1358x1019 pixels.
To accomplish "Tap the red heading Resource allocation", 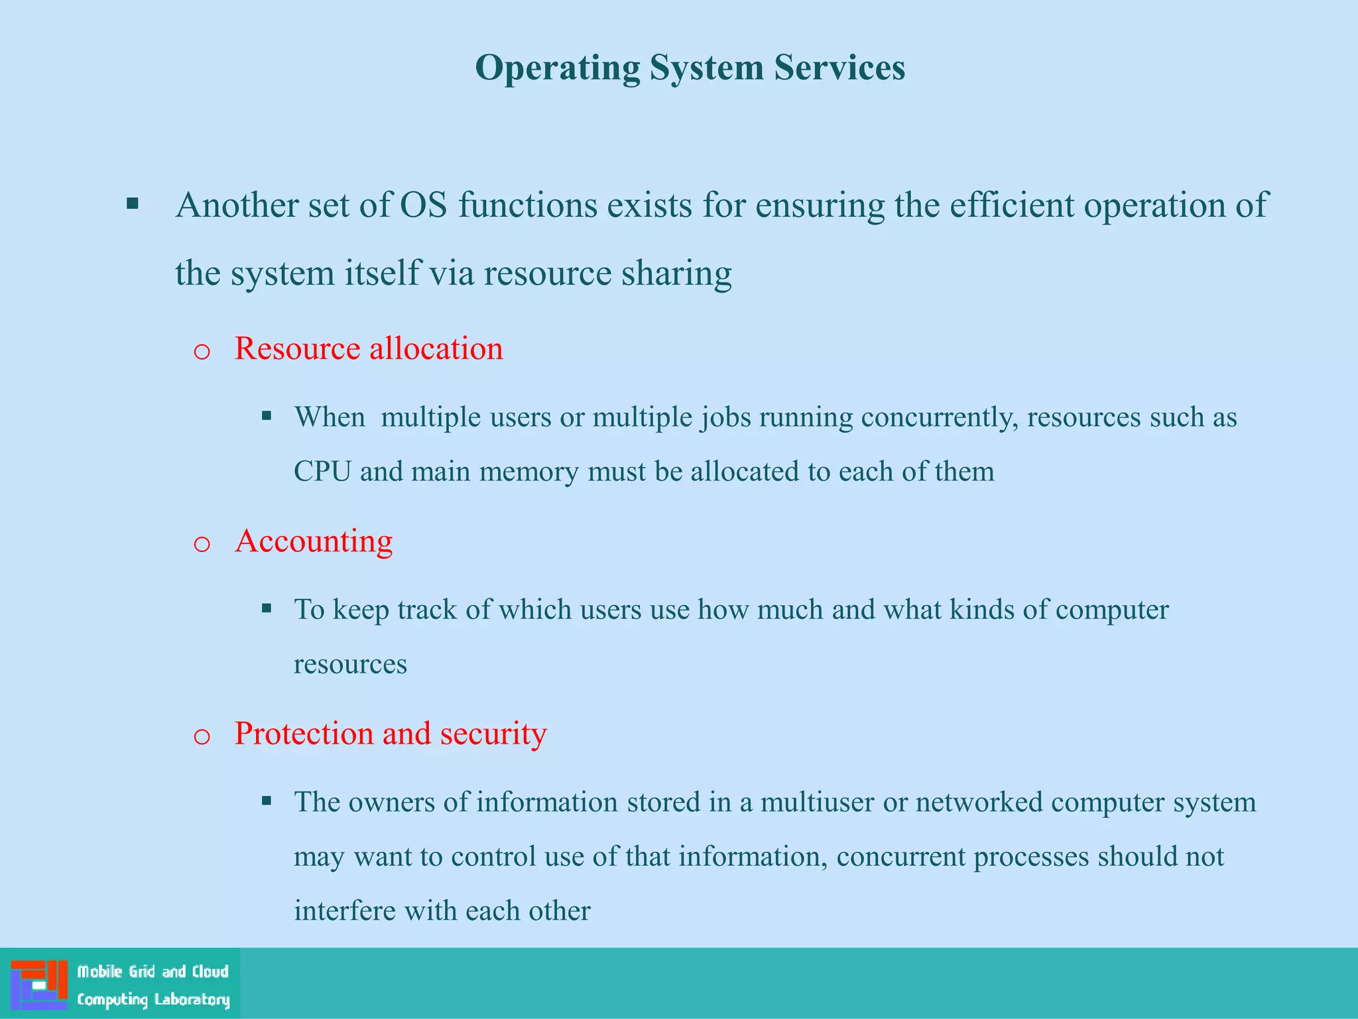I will tap(369, 349).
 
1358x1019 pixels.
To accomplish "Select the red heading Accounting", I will tap(314, 541).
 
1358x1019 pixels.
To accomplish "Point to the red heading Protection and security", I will tap(391, 734).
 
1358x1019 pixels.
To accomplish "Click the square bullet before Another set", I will tap(133, 204).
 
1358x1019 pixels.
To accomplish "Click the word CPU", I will tap(322, 472).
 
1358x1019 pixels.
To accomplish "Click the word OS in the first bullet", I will tap(424, 205).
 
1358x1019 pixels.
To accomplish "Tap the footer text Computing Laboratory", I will tap(153, 999).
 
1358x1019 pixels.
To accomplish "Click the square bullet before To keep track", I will tap(267, 608).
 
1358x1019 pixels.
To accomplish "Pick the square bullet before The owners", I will tap(267, 801).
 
